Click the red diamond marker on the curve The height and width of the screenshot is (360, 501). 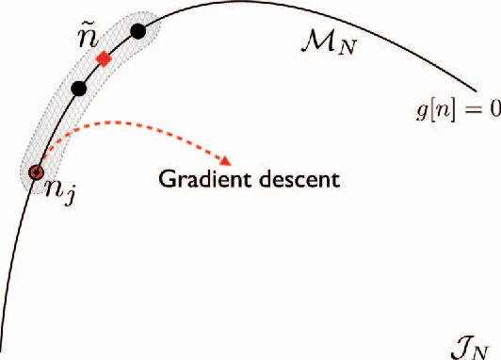click(x=104, y=58)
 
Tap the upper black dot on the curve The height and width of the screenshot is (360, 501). click(x=138, y=31)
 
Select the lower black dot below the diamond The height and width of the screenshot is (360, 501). click(x=79, y=89)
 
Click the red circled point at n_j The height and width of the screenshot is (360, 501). click(x=37, y=172)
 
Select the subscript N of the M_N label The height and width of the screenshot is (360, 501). click(x=347, y=46)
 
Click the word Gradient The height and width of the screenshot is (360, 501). click(x=197, y=177)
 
